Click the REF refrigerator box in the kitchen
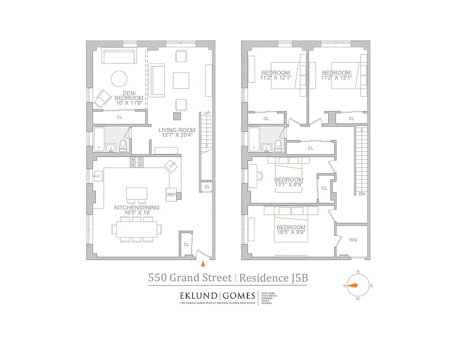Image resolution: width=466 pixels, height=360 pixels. point(171,195)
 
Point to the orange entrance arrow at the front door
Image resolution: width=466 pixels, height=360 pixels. point(203,264)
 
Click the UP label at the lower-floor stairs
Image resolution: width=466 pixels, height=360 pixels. point(206,113)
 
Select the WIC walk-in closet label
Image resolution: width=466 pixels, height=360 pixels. point(353,240)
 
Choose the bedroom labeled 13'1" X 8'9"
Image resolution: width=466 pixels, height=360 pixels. point(289,182)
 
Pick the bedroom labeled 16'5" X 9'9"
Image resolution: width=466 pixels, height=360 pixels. point(291,230)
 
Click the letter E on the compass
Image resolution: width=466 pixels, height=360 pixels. point(358,271)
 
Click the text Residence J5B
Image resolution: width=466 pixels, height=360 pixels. point(273,278)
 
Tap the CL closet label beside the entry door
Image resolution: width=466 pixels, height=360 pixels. point(186,244)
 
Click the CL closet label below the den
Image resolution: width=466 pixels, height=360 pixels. point(119,117)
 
